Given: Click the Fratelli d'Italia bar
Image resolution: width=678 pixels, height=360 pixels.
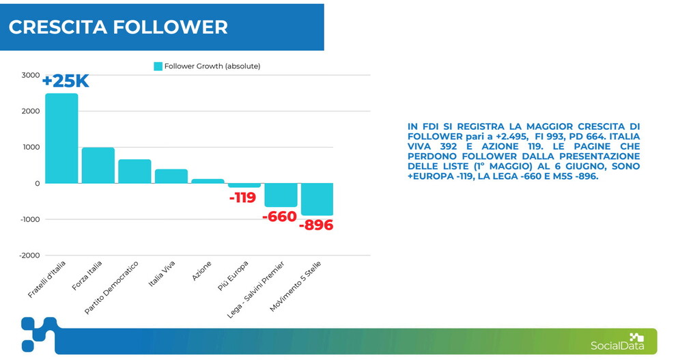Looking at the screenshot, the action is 61,138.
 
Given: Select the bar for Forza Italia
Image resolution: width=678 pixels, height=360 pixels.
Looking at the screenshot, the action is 98,165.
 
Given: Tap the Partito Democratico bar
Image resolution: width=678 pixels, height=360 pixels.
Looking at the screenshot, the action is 135,171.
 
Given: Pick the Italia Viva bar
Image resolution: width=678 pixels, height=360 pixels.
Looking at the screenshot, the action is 171,176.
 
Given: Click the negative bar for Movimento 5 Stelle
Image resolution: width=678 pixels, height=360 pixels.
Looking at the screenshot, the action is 317,199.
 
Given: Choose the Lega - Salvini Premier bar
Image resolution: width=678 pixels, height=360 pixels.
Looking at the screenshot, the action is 281,195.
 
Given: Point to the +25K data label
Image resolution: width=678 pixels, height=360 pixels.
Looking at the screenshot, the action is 66,81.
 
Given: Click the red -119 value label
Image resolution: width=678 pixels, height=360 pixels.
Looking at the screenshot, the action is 242,197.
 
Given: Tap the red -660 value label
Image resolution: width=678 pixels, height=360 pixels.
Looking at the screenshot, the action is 279,217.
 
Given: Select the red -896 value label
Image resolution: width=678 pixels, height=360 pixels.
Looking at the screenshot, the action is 316,225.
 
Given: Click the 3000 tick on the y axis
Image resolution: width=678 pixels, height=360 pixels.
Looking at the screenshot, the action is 30,75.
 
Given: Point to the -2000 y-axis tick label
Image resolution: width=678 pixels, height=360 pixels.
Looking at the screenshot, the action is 29,255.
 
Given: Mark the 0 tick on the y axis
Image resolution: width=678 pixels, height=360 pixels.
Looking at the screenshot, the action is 37,184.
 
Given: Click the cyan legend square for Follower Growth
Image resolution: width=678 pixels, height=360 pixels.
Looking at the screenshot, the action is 158,66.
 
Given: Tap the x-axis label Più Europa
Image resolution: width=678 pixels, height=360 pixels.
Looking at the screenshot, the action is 233,275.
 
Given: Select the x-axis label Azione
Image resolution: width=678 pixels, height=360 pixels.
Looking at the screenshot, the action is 201,271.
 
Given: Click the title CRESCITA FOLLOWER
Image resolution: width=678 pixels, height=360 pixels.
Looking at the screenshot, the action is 118,27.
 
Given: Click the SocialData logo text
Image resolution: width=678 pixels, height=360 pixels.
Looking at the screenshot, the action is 617,346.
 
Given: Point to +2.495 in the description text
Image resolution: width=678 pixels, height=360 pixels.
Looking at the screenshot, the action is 511,137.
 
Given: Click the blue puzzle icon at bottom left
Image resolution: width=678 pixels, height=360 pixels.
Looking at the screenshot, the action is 39,334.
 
